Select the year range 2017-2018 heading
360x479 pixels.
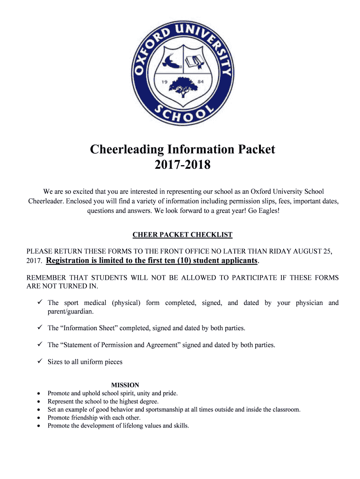pyautogui.click(x=182, y=165)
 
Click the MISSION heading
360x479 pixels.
pyautogui.click(x=125, y=385)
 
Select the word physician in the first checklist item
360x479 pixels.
pyautogui.click(x=309, y=303)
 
